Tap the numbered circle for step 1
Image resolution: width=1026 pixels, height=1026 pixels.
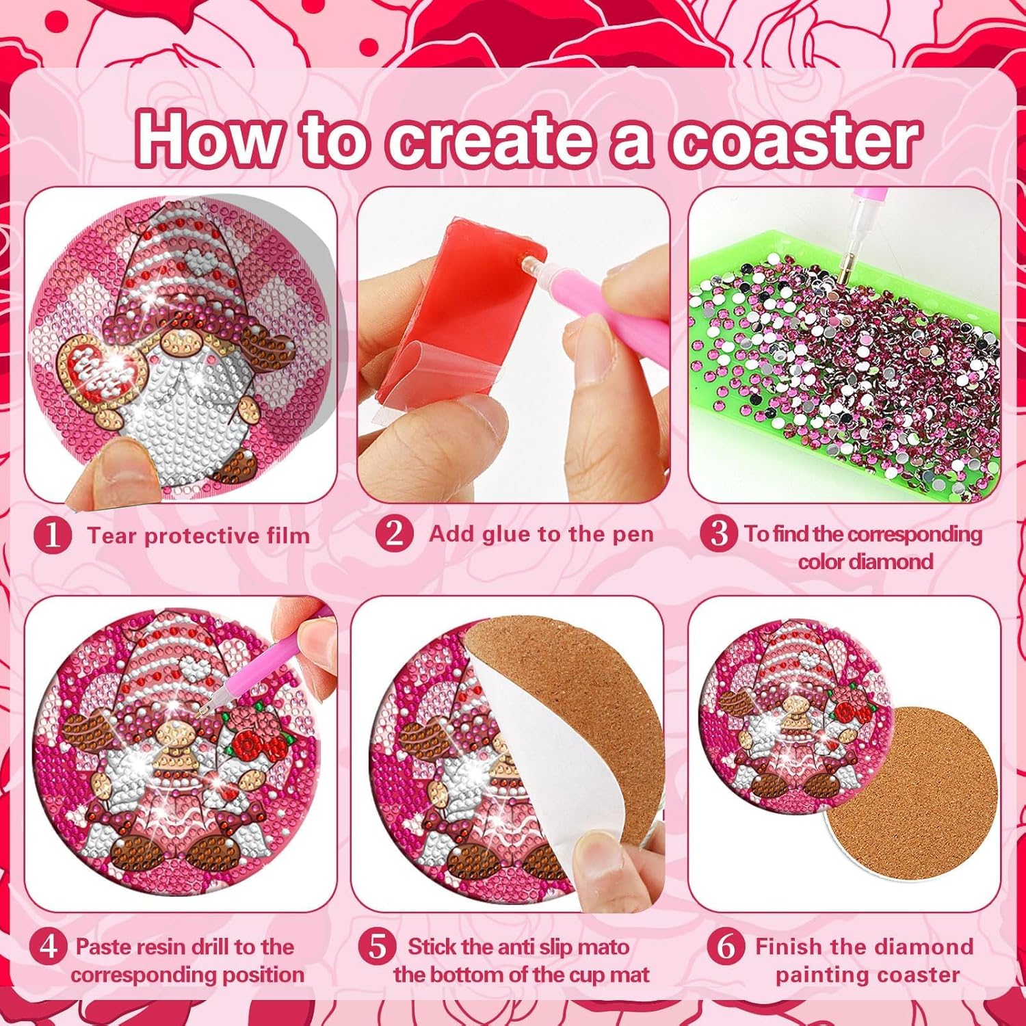click(52, 535)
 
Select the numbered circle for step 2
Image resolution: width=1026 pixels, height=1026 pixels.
click(394, 533)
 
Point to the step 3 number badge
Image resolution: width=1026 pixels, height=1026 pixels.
click(718, 533)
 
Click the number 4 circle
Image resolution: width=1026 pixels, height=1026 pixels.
click(49, 947)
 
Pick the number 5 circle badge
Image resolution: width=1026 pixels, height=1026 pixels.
click(378, 947)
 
